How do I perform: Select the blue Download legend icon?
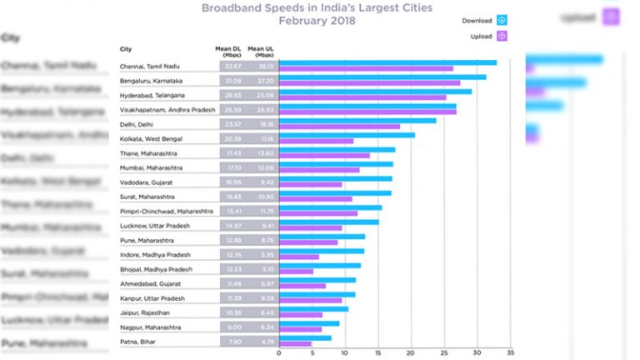click(x=502, y=20)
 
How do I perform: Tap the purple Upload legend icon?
click(x=502, y=36)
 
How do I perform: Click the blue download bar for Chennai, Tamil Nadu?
click(x=387, y=62)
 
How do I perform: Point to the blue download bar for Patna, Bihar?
click(x=305, y=337)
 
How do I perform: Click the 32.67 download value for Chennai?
click(x=234, y=65)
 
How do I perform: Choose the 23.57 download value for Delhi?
click(x=234, y=122)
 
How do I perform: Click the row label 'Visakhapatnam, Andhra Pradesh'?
click(x=164, y=108)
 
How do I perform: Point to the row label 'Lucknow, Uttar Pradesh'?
click(x=153, y=224)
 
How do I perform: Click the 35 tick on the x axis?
click(x=510, y=351)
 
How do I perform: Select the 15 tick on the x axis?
click(x=377, y=351)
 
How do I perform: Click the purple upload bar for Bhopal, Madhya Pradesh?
click(x=296, y=271)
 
